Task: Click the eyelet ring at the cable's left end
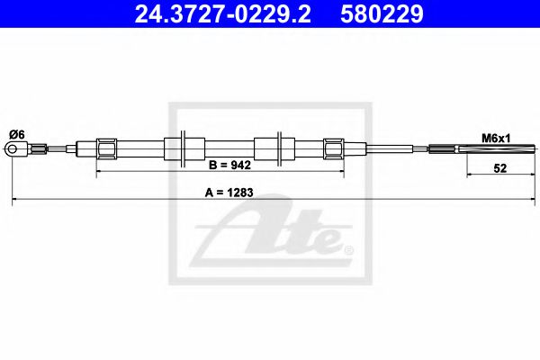coord(15,151)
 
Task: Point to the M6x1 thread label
coord(494,138)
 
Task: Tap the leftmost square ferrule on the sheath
coord(106,148)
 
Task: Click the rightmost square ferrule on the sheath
coord(333,148)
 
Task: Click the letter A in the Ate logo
coord(238,234)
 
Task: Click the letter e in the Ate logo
coord(324,240)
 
